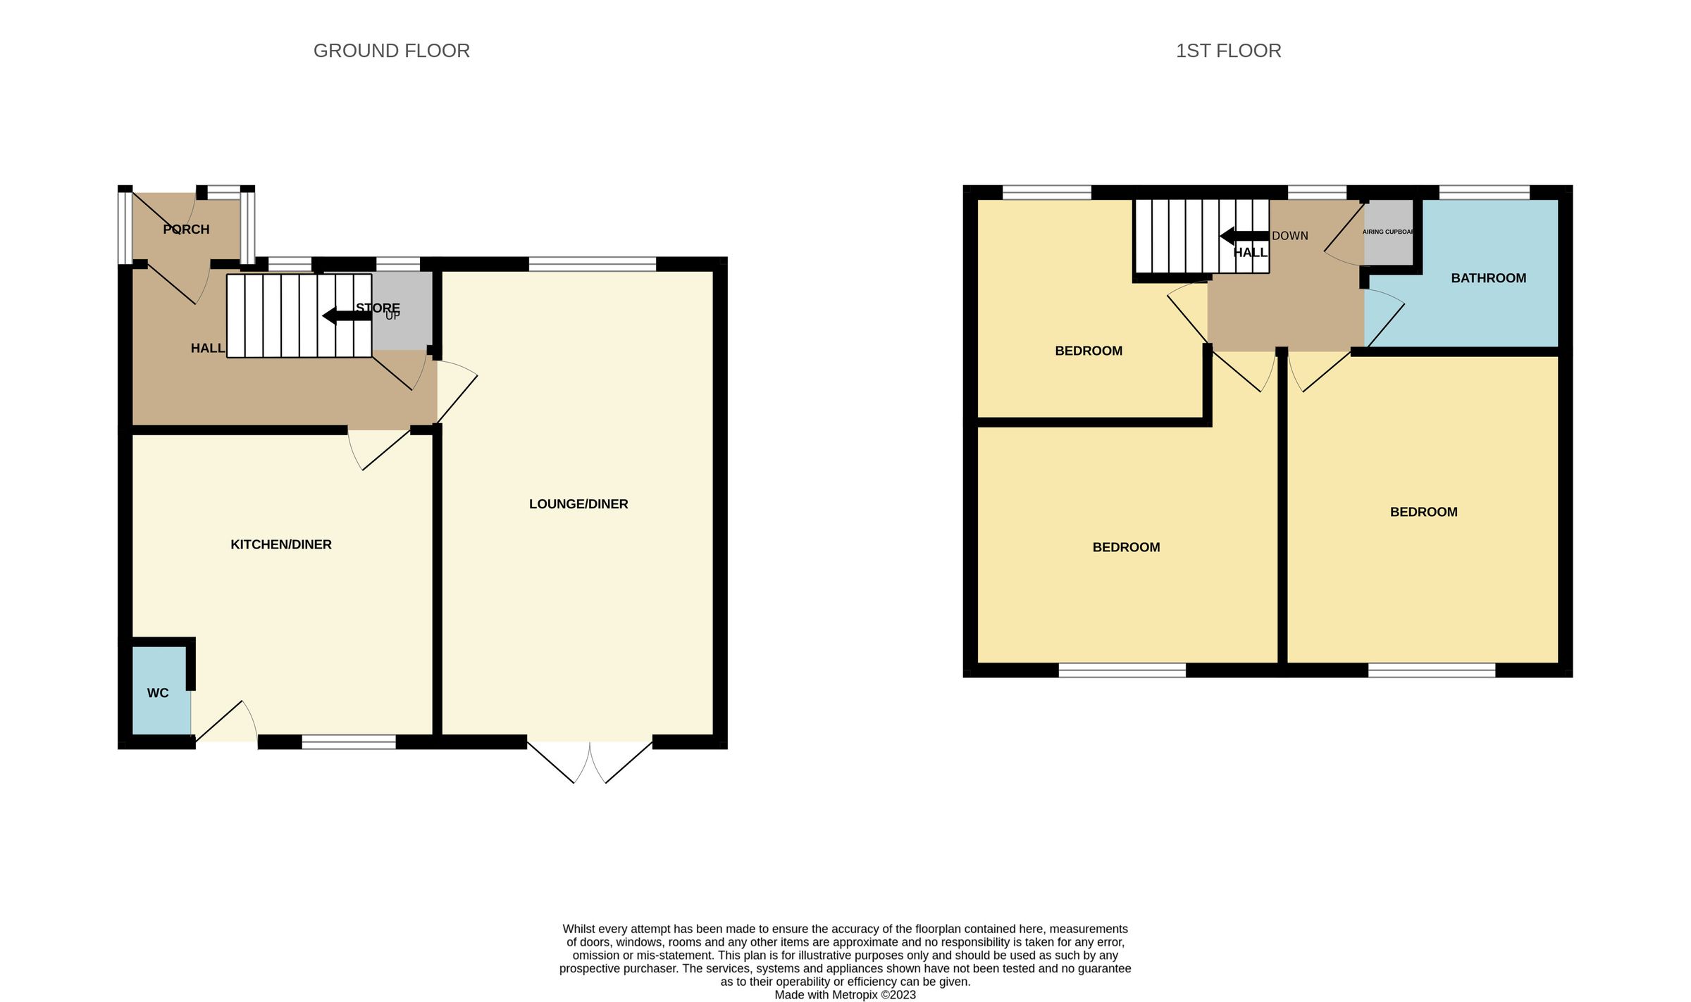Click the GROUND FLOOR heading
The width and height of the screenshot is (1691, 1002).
click(x=391, y=51)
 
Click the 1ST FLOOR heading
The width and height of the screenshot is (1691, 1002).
click(x=1228, y=51)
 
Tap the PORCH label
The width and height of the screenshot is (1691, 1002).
click(x=186, y=230)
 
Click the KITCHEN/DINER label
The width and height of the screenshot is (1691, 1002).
click(x=280, y=544)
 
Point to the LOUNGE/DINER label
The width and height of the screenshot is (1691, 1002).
click(x=578, y=504)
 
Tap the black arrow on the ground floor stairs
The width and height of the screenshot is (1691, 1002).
click(x=346, y=315)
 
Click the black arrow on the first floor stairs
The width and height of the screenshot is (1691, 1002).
click(x=1244, y=236)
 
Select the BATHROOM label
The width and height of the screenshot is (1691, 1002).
click(x=1488, y=278)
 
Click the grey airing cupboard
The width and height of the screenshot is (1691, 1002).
click(x=1388, y=232)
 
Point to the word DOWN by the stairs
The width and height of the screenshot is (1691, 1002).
click(x=1290, y=236)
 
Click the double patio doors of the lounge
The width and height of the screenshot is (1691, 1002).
click(x=590, y=760)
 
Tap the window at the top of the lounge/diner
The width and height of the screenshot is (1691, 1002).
click(x=592, y=264)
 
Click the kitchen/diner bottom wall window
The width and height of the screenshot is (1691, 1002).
click(x=349, y=741)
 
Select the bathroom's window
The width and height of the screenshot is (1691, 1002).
click(x=1484, y=192)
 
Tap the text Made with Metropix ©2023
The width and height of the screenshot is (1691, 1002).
click(x=845, y=995)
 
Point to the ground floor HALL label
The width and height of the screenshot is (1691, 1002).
click(x=207, y=349)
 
